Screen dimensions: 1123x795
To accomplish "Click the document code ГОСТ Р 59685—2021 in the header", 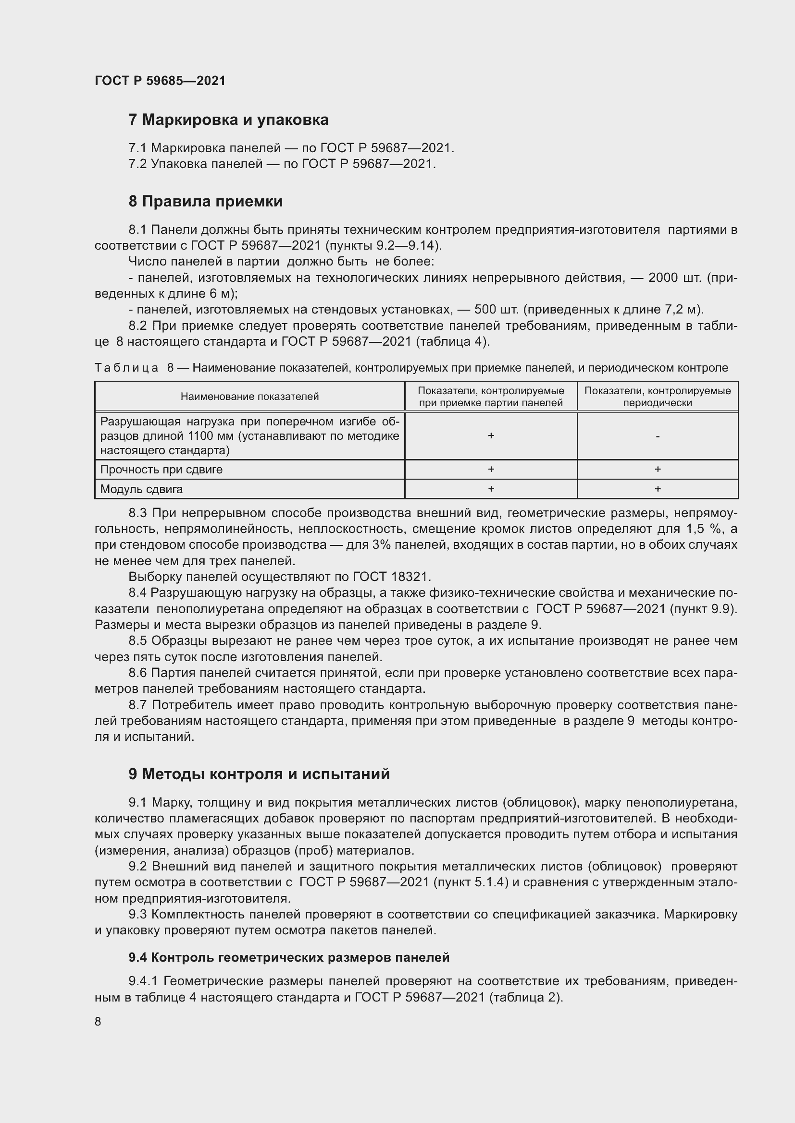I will tap(160, 81).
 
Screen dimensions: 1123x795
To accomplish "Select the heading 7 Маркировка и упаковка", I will tap(228, 120).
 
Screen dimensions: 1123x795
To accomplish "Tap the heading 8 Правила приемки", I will tap(206, 202).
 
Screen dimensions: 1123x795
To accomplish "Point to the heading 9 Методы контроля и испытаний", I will tap(259, 774).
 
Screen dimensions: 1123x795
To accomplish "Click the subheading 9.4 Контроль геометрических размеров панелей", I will tap(289, 957).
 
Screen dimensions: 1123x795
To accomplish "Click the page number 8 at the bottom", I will tap(98, 1021).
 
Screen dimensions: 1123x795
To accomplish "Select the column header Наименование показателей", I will tap(249, 397).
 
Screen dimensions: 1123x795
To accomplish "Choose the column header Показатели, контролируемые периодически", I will tap(657, 397).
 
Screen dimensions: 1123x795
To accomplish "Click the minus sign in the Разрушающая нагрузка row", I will tap(657, 436).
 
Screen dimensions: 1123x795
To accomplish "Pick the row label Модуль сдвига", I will tap(141, 489).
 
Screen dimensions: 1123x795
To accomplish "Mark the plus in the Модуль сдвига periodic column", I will tap(658, 489).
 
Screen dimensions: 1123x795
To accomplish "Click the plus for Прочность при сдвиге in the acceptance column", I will tap(491, 469).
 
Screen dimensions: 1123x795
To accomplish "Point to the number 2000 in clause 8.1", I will tap(662, 278).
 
